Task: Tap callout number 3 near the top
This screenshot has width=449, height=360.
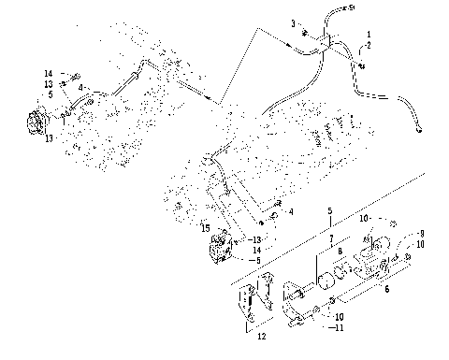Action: [292, 22]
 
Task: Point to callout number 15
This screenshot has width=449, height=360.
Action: [204, 227]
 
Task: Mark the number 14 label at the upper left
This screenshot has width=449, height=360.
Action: [48, 73]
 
